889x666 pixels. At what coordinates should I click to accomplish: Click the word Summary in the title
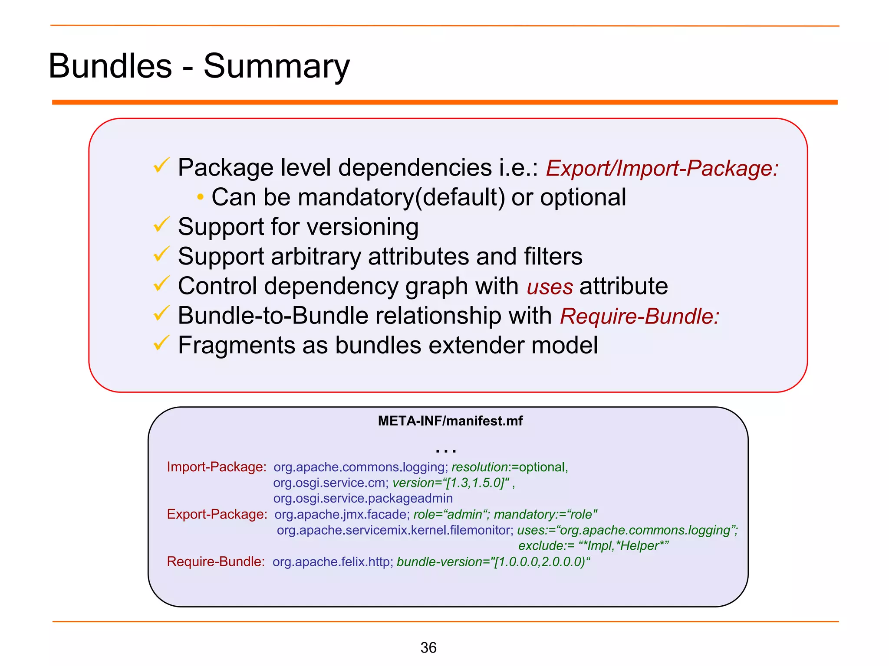pos(276,66)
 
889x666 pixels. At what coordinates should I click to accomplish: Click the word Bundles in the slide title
pos(110,66)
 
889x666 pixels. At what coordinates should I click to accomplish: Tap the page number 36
pos(428,647)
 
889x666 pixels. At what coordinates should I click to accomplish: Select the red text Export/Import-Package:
pos(662,168)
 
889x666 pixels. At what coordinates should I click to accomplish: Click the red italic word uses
pos(550,287)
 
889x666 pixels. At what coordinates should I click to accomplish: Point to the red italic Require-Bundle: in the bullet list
pos(639,316)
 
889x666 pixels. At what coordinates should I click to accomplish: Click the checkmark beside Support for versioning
pos(161,225)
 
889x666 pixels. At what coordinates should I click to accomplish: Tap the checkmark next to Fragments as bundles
pos(161,343)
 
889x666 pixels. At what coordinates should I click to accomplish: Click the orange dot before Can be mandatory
pos(200,197)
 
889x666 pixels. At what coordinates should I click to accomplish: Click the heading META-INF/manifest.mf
pos(450,421)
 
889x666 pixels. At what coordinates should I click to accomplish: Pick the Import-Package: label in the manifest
pos(216,467)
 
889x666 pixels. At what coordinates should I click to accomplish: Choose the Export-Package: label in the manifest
pos(217,514)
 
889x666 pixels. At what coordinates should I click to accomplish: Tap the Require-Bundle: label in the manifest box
pos(216,562)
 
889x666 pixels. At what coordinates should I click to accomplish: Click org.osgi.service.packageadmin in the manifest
pos(363,498)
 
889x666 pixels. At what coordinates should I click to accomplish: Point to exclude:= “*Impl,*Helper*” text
pos(593,545)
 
